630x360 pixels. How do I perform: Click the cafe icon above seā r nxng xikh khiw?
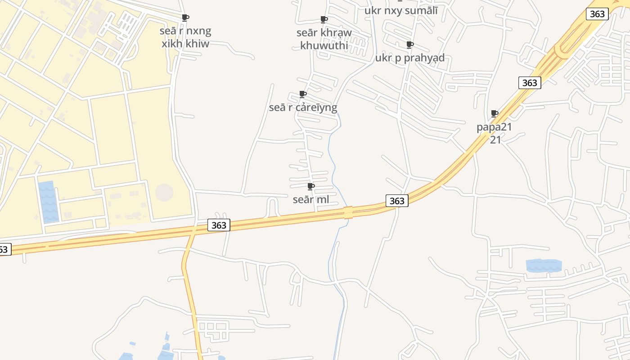tap(185, 18)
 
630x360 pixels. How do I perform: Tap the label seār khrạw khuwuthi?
tap(324, 39)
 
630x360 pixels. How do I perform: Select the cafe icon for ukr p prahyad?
tap(409, 45)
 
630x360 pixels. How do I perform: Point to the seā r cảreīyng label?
tap(303, 108)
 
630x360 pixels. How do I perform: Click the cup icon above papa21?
tap(494, 113)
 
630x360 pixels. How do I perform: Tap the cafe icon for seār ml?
tap(310, 186)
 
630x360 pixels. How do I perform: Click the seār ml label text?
tap(310, 199)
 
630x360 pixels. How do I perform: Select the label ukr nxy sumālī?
tap(400, 11)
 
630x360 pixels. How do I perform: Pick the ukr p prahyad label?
tap(409, 58)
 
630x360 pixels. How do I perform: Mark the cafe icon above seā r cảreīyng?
tap(303, 94)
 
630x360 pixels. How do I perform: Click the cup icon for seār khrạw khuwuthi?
tap(324, 19)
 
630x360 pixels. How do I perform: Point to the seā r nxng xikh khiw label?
tap(185, 37)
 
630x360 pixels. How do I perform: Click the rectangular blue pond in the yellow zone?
tap(48, 202)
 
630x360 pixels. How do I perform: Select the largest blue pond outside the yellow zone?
tap(544, 265)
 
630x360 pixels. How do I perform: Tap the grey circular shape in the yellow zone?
tap(164, 193)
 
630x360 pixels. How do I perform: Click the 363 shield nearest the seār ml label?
tap(396, 201)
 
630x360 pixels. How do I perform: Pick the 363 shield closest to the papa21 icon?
tap(530, 83)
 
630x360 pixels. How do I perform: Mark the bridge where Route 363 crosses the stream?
tap(348, 212)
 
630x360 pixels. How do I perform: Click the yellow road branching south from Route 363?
tap(191, 288)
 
